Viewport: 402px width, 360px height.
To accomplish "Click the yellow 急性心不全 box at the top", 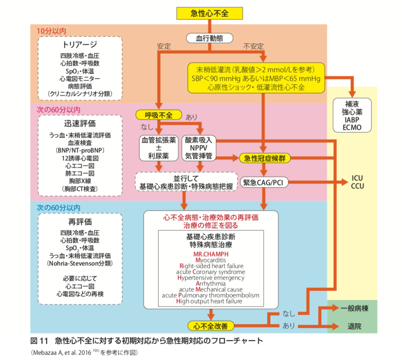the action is click(x=210, y=13).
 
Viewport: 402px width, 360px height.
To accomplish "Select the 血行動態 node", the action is click(x=210, y=38).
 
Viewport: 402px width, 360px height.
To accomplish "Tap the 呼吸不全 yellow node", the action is click(x=159, y=115).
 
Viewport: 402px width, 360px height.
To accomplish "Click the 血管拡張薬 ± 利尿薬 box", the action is click(x=159, y=148).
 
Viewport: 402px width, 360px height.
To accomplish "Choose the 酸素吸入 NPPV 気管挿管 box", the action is click(x=199, y=148).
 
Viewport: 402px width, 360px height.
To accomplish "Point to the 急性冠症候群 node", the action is click(x=264, y=158).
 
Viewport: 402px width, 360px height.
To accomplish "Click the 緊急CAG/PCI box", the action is click(x=264, y=183).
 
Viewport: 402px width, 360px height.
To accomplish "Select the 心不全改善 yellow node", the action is click(x=210, y=326).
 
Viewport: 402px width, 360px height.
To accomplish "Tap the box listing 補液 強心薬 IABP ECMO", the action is click(x=352, y=115).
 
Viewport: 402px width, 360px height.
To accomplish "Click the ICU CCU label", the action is click(x=357, y=182).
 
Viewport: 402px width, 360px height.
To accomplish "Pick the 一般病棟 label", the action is click(x=355, y=308).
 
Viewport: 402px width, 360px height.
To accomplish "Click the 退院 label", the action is click(x=355, y=326).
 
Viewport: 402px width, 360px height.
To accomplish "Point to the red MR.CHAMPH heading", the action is click(x=211, y=254).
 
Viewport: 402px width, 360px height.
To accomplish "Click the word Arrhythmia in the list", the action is click(x=211, y=283).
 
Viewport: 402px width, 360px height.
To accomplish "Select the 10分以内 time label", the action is click(x=51, y=31).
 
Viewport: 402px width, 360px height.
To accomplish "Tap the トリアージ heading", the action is click(x=80, y=45).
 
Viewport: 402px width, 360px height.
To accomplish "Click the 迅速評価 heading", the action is click(x=80, y=123).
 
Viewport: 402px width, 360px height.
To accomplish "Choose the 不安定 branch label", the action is click(x=253, y=46).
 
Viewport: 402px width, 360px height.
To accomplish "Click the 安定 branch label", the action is click(x=164, y=46).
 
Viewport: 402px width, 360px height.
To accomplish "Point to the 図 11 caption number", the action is click(x=39, y=341).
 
